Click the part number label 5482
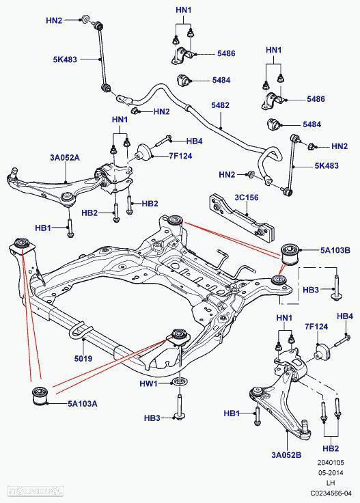[x=220, y=106]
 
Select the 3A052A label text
[x=64, y=158]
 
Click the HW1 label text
[x=148, y=384]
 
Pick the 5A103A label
[x=81, y=404]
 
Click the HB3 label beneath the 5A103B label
[x=310, y=290]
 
